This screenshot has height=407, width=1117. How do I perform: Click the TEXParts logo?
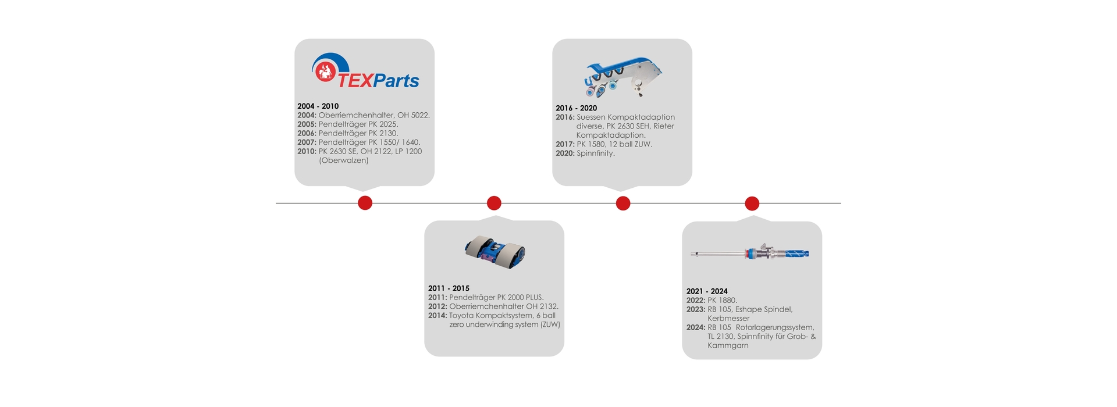coord(365,72)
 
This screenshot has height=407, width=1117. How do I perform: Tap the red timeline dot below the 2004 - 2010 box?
coord(365,203)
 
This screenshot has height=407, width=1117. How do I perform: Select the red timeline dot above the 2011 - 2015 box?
coord(494,203)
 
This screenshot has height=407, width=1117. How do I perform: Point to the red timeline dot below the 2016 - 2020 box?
coord(623,203)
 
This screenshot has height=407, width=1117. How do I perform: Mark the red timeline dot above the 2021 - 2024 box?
coord(752,203)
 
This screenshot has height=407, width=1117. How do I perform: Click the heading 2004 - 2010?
coord(318,106)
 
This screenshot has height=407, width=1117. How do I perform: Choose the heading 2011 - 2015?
coord(449,288)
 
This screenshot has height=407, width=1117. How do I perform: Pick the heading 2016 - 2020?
coord(576,108)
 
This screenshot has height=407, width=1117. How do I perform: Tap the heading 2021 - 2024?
coord(707,291)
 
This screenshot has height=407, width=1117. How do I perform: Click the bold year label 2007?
coord(307,142)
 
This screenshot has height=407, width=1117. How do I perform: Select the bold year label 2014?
coord(437,315)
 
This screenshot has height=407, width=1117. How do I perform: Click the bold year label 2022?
coord(696,300)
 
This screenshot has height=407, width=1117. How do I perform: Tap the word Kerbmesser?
coord(728,318)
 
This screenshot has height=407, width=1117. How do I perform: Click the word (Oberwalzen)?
coord(343,160)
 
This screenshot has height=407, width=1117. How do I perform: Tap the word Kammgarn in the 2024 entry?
coord(728,345)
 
